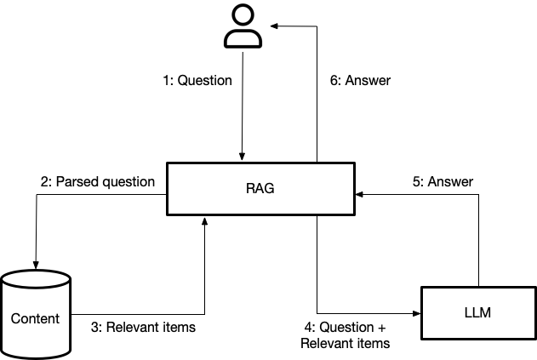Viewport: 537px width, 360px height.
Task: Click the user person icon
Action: [x=243, y=26]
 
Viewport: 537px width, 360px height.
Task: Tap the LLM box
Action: [x=478, y=314]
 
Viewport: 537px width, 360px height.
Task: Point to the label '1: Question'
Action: [x=197, y=81]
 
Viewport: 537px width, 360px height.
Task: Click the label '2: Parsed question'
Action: [x=98, y=181]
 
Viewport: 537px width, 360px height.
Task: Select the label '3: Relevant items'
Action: [x=143, y=327]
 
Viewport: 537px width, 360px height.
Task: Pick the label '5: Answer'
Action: [x=449, y=181]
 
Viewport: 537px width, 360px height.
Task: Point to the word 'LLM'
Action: [x=478, y=314]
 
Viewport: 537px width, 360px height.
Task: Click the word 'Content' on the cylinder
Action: [x=36, y=318]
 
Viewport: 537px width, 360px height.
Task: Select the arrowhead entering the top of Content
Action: [x=36, y=265]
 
